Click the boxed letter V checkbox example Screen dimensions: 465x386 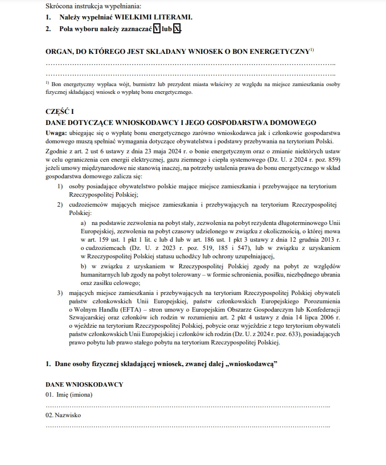click(x=157, y=28)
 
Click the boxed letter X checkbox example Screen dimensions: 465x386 click(x=177, y=28)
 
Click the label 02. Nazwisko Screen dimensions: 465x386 click(x=63, y=415)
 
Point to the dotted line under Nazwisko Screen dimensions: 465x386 click(x=188, y=427)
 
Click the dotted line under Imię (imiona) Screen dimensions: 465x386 click(x=188, y=406)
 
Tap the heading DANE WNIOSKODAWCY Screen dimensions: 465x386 click(x=84, y=384)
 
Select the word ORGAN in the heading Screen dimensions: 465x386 click(x=59, y=51)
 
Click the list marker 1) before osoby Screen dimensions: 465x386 click(x=60, y=186)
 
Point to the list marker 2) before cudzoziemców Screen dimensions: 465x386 click(x=60, y=204)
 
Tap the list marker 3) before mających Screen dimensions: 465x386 click(x=60, y=292)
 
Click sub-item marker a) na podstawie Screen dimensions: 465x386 click(x=84, y=222)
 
